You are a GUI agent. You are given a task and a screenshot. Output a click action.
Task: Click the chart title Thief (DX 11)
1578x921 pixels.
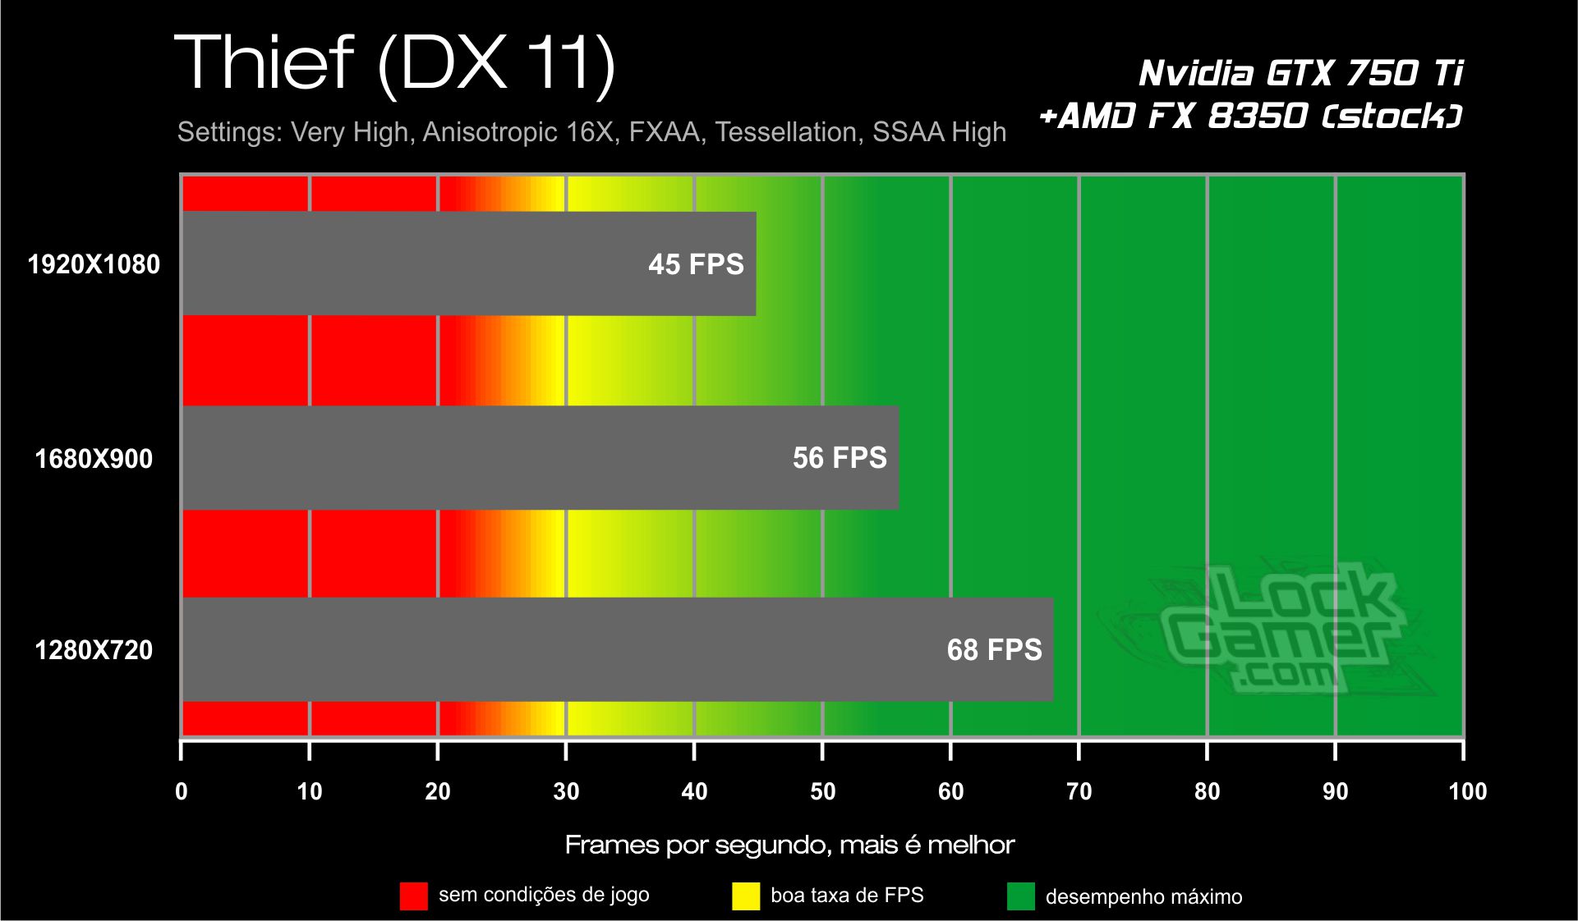pyautogui.click(x=395, y=64)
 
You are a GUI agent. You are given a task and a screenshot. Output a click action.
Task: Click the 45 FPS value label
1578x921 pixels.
pyautogui.click(x=696, y=264)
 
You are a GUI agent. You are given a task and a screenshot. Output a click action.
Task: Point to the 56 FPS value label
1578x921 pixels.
pyautogui.click(x=840, y=457)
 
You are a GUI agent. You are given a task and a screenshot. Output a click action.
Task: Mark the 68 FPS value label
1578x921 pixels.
pyautogui.click(x=994, y=650)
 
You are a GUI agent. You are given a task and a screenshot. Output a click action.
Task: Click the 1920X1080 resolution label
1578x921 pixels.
pyautogui.click(x=94, y=264)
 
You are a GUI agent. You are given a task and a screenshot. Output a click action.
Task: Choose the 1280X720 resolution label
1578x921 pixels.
pyautogui.click(x=94, y=650)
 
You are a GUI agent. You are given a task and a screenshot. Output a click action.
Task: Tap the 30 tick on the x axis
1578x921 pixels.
pyautogui.click(x=566, y=791)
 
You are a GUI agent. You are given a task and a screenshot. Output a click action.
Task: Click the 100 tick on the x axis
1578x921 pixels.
pyautogui.click(x=1467, y=791)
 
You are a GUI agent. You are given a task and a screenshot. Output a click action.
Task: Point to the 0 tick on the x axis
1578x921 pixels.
pyautogui.click(x=182, y=791)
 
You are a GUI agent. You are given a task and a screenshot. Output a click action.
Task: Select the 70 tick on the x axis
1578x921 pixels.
pyautogui.click(x=1079, y=791)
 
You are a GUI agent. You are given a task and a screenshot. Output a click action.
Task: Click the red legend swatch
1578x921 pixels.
pyautogui.click(x=413, y=896)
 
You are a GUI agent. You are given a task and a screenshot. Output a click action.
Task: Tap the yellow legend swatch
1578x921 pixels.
pyautogui.click(x=746, y=896)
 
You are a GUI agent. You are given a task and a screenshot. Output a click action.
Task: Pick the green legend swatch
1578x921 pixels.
pyautogui.click(x=1021, y=896)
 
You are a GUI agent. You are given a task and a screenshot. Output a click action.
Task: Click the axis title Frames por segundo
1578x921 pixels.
pyautogui.click(x=789, y=845)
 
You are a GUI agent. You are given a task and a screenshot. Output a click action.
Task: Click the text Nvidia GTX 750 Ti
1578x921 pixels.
pyautogui.click(x=1300, y=73)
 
